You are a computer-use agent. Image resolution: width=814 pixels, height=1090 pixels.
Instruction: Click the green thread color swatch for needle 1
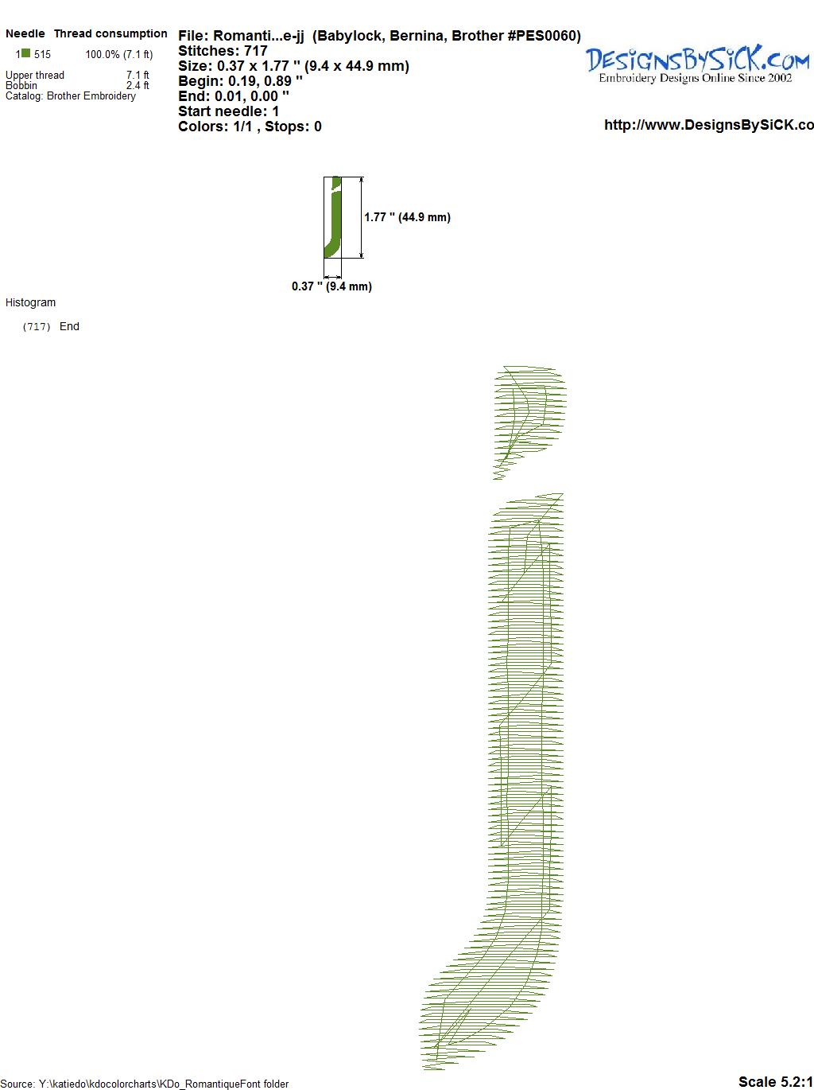click(26, 53)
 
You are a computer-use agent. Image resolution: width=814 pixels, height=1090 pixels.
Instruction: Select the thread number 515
click(42, 54)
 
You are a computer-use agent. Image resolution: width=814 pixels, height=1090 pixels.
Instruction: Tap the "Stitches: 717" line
click(223, 51)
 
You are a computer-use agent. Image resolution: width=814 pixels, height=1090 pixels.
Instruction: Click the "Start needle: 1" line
click(228, 111)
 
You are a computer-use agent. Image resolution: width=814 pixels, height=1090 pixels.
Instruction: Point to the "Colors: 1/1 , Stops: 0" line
click(250, 127)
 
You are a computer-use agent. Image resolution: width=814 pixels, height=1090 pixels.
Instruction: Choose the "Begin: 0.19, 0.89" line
click(240, 81)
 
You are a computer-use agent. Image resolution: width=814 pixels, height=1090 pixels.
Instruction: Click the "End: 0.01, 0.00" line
click(233, 95)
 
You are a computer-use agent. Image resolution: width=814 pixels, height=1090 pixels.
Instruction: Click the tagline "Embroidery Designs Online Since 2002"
click(695, 78)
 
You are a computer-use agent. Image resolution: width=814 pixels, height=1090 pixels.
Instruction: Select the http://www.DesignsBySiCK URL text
click(709, 125)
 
